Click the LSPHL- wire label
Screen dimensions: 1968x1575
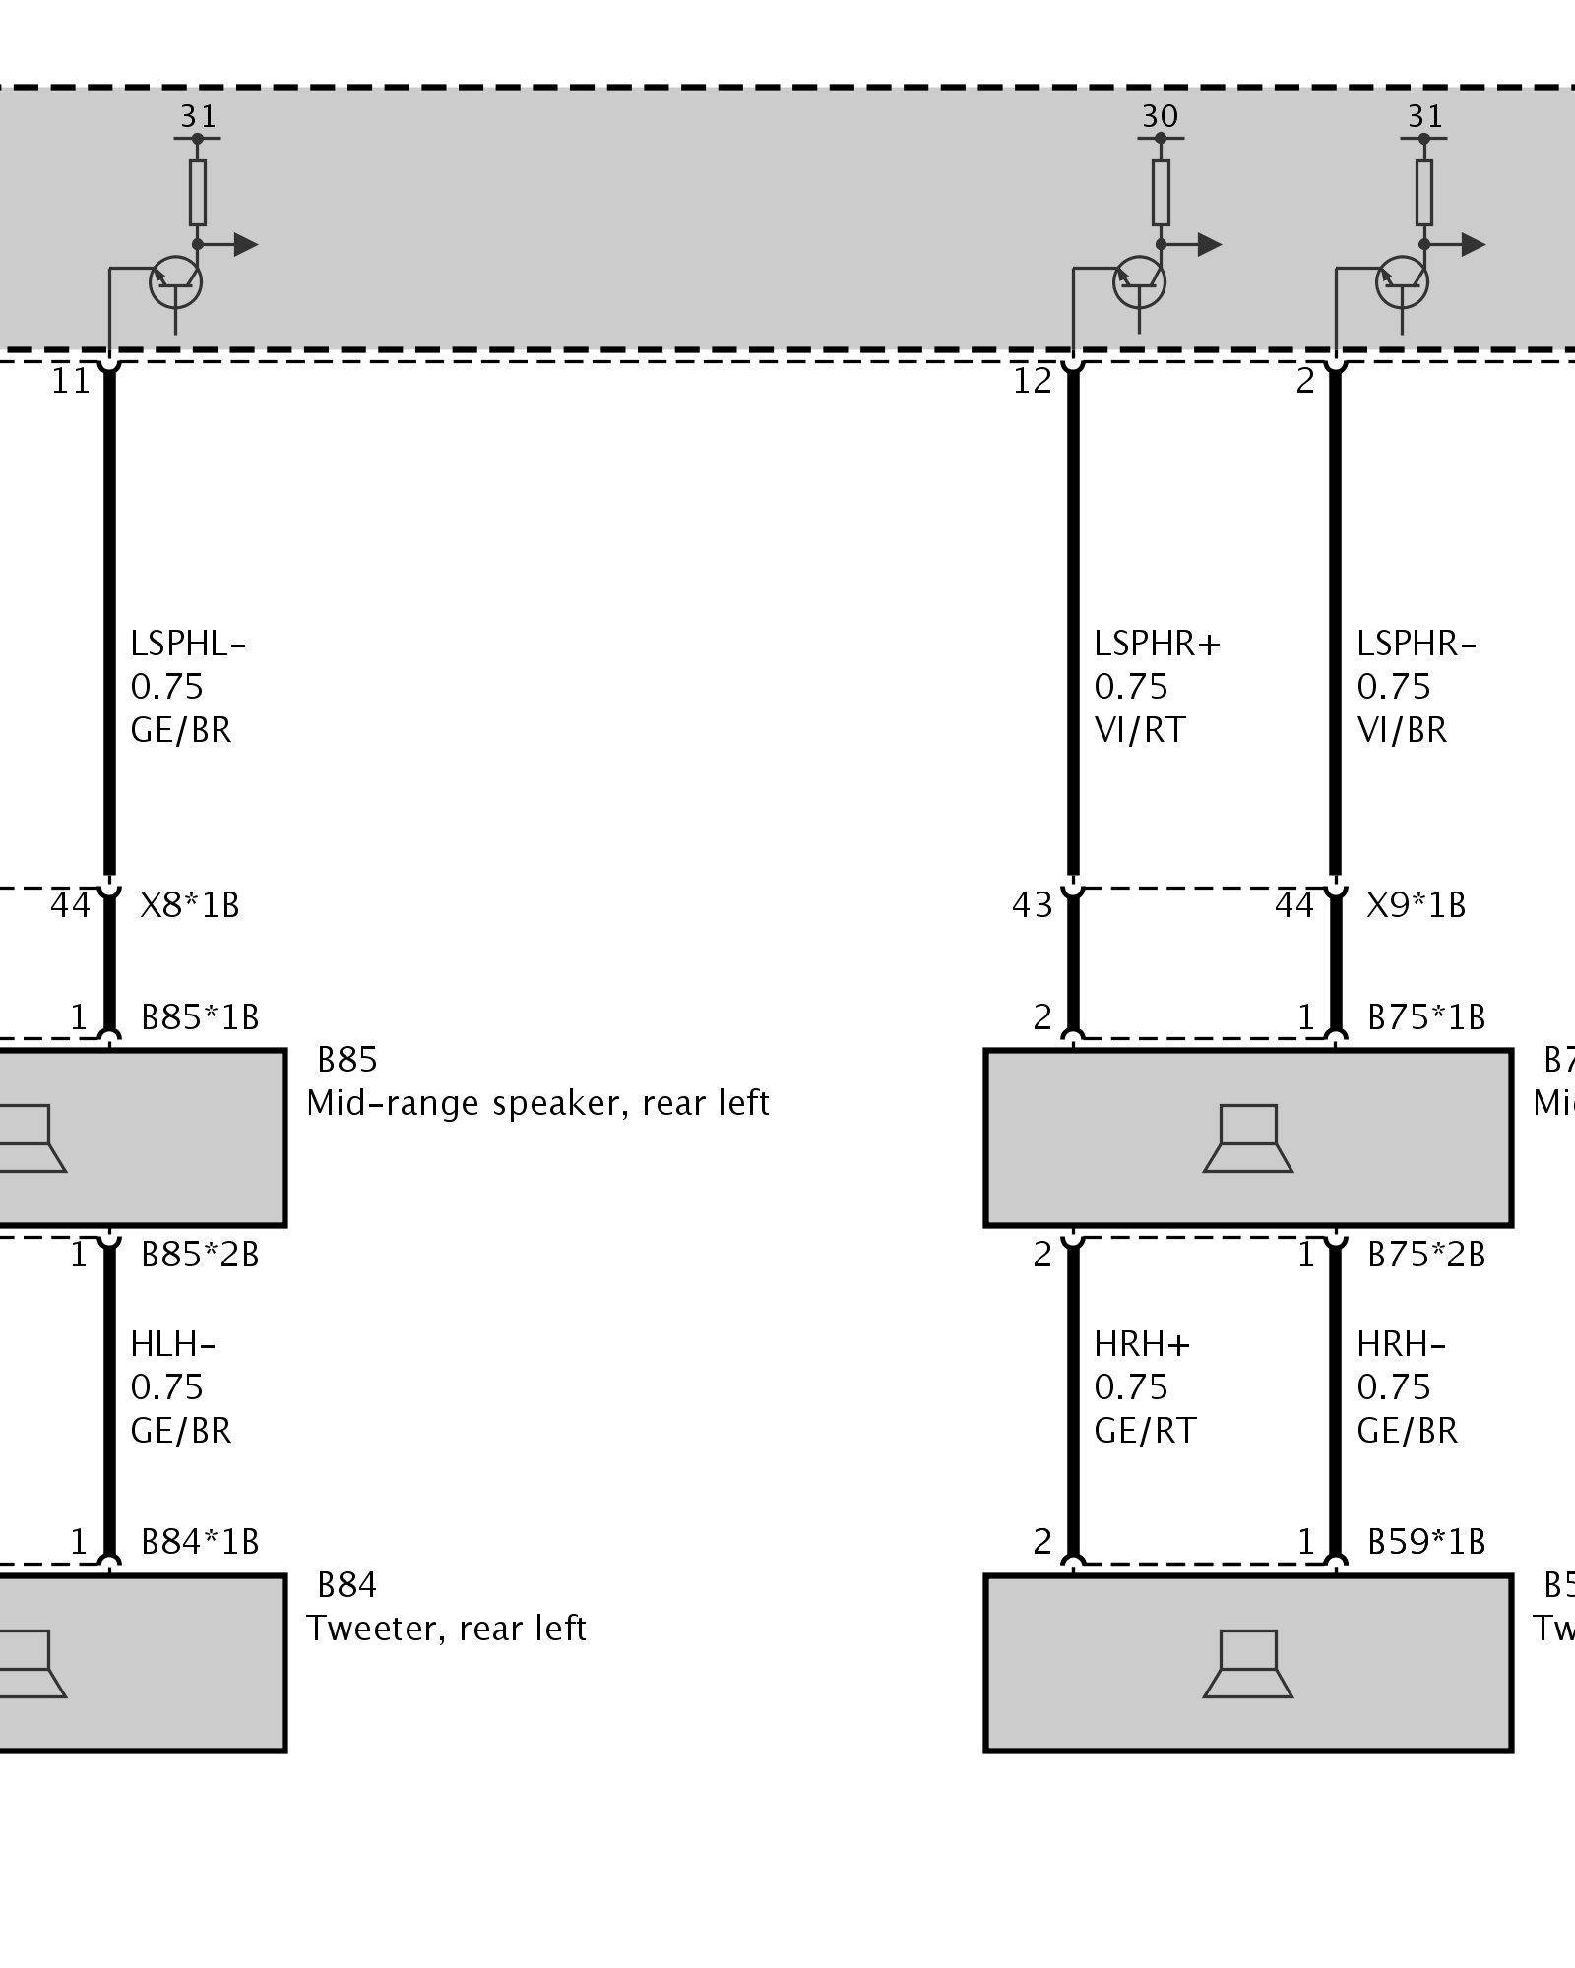(x=187, y=645)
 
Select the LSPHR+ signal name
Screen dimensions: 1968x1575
(x=1157, y=645)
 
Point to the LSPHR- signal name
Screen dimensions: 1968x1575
(x=1417, y=645)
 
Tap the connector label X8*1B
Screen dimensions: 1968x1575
(x=190, y=905)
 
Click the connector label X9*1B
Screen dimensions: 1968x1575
(x=1417, y=905)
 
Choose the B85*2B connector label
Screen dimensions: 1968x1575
(x=200, y=1256)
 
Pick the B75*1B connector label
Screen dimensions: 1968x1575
(x=1426, y=1017)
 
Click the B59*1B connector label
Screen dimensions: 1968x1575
(x=1426, y=1542)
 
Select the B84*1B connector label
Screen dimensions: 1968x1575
(x=200, y=1542)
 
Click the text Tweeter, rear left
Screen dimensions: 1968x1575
(x=446, y=1629)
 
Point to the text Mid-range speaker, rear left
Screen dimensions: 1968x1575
(x=537, y=1103)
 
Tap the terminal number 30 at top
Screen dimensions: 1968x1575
(x=1160, y=116)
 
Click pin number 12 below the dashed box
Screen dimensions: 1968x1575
(x=1033, y=381)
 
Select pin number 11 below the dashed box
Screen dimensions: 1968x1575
(x=71, y=381)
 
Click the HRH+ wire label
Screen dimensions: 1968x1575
(x=1142, y=1344)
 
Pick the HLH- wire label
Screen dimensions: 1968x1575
(x=172, y=1344)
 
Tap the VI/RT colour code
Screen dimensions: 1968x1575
(x=1140, y=730)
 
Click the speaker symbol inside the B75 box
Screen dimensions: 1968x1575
(x=1247, y=1138)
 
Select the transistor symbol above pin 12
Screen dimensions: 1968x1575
(x=1140, y=283)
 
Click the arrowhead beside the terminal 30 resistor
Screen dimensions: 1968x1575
(x=1210, y=244)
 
